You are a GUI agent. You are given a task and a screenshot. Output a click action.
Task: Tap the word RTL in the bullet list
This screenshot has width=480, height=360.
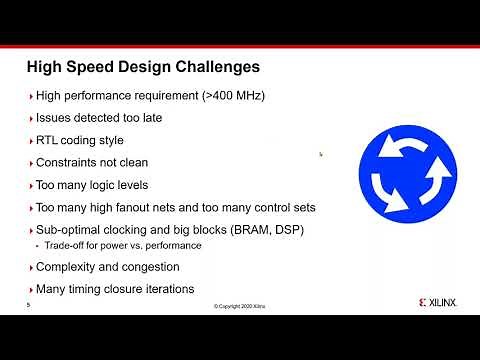[x=48, y=140]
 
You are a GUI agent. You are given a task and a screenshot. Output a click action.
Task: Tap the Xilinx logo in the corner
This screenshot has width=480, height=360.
[x=432, y=300]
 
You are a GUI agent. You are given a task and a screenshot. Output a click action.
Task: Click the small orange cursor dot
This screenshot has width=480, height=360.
[x=320, y=153]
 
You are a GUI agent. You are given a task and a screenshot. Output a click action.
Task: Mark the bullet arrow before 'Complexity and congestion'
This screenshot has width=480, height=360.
[x=29, y=267]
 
